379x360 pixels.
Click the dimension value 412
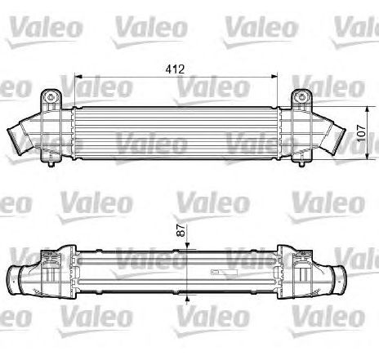[175, 69]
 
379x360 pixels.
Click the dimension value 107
[361, 133]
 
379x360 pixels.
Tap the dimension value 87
[181, 230]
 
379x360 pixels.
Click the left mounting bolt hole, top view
[51, 96]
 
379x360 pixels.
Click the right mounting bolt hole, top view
[301, 96]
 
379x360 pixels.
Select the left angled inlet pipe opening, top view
[14, 142]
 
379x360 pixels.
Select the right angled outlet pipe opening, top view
[338, 141]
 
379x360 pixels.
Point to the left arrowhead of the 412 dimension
[78, 77]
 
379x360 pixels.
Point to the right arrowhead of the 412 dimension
[274, 77]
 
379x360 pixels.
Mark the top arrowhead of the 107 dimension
[368, 110]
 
